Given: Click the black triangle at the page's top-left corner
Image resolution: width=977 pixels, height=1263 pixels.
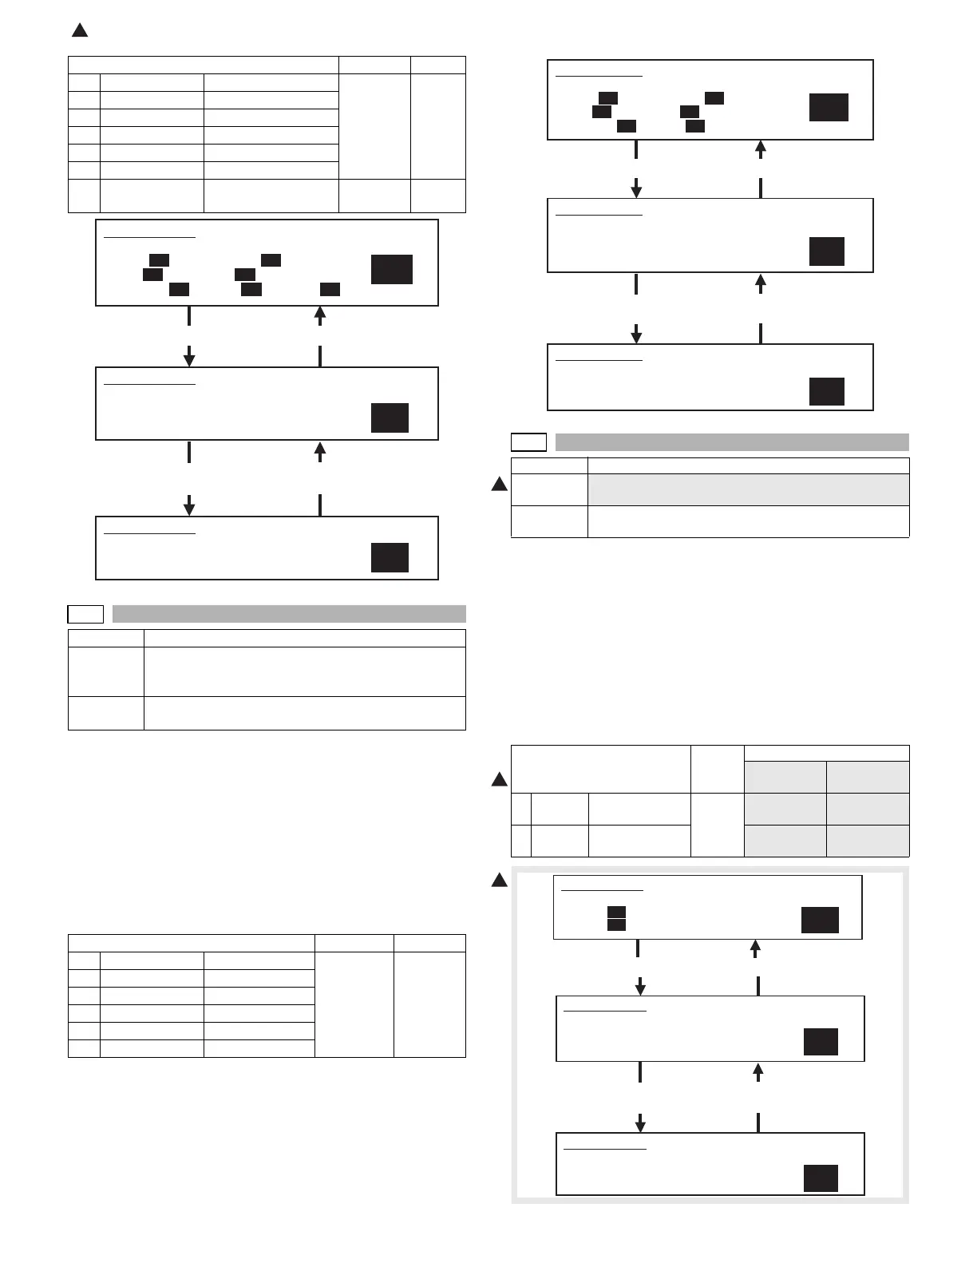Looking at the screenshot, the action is coord(79,31).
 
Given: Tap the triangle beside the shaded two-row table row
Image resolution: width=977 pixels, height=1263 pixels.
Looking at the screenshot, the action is coord(499,484).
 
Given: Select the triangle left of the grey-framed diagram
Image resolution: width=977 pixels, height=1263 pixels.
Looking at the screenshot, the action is coord(499,880).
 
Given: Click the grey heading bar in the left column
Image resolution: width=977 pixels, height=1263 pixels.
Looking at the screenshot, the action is coord(289,614).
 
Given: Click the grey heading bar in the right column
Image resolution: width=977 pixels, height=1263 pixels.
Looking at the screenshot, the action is coord(732,442).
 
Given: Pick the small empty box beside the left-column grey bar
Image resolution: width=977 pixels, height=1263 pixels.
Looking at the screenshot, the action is coord(85,614).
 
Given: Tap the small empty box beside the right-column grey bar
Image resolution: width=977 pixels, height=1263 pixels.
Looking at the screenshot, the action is coord(528,442).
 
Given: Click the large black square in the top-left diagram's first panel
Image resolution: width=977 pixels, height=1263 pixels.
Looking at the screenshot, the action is coord(391,269).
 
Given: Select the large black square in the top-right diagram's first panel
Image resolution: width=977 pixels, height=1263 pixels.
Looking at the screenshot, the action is coord(829,107).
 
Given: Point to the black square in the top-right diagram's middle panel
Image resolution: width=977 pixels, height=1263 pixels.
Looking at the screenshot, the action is coord(826,251).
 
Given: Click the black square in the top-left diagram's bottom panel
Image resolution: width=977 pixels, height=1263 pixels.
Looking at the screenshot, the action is coord(390,557).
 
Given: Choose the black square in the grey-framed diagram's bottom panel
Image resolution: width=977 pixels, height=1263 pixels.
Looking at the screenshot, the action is coord(821,1178).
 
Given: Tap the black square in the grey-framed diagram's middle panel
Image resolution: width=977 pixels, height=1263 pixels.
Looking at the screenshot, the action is coord(821,1042).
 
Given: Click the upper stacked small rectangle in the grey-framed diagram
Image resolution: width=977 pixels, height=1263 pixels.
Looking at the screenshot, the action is coord(615,911).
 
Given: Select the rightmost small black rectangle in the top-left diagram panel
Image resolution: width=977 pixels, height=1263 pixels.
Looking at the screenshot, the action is coord(330,289).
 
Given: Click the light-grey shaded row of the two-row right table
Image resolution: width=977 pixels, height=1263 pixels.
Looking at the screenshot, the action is coord(748,489).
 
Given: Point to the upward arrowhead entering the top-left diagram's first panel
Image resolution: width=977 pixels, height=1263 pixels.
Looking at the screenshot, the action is coord(320,314).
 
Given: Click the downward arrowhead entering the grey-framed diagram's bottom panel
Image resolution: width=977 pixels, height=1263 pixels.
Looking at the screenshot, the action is coord(640,1125).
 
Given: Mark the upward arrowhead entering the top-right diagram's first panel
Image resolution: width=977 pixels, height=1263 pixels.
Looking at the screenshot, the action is coord(761,147).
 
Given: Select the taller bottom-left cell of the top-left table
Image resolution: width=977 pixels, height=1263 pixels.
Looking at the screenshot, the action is coord(84,196).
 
